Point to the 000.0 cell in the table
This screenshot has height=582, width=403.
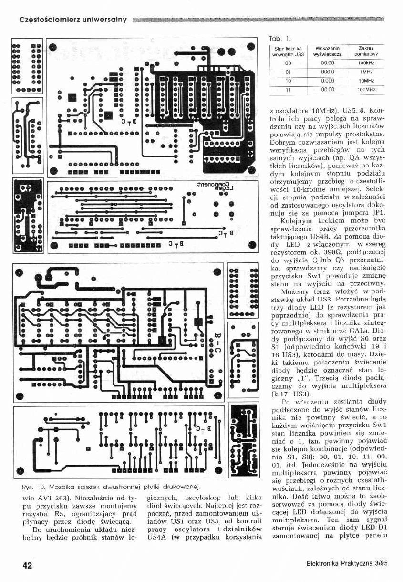point(327,72)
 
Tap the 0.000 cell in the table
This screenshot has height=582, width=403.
point(327,80)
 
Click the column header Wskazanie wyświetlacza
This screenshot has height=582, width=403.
point(327,51)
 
